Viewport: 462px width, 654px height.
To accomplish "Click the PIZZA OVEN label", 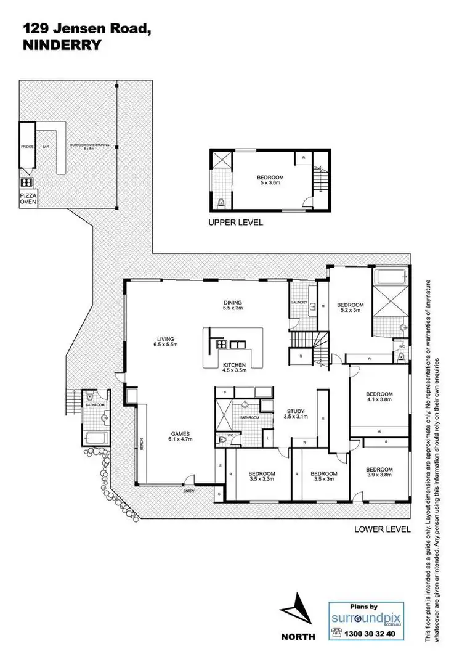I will (27, 200).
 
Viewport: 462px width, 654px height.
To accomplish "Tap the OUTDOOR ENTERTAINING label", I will (89, 146).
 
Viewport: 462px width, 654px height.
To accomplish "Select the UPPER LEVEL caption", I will (235, 223).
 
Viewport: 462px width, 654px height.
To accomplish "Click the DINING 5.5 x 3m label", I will (233, 305).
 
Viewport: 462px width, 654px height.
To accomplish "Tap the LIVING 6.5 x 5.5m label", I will (166, 341).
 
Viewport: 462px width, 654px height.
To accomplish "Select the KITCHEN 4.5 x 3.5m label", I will (234, 369).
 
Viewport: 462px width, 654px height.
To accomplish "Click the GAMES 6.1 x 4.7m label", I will (181, 436).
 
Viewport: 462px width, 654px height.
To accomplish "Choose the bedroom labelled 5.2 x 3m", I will (350, 308).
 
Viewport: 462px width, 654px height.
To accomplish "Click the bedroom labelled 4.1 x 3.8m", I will (379, 397).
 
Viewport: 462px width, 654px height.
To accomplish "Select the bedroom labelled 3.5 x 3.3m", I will (262, 476).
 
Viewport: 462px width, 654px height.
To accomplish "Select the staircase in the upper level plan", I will (320, 182).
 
